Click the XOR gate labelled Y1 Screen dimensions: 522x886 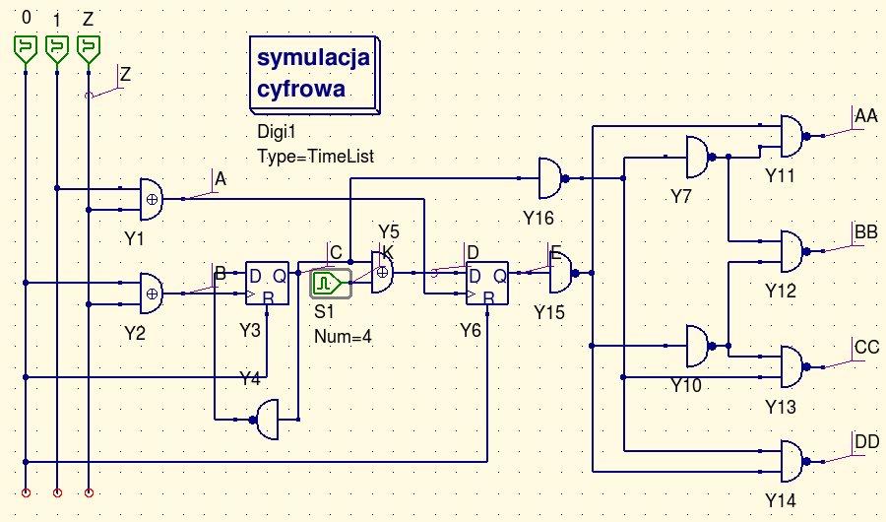tap(151, 198)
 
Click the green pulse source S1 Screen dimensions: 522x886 tap(326, 285)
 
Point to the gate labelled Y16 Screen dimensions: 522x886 tap(549, 178)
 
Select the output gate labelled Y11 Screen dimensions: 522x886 tap(791, 136)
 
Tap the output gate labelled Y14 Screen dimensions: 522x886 tap(791, 460)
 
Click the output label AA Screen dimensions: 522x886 tap(866, 116)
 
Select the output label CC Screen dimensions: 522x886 tap(867, 348)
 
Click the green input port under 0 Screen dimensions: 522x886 tap(24, 47)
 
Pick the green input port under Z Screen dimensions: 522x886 tap(89, 47)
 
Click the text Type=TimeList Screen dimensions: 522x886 tap(315, 156)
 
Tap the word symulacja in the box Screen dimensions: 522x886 tap(313, 58)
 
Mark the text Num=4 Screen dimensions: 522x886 tap(343, 336)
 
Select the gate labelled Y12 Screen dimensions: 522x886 tap(791, 251)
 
